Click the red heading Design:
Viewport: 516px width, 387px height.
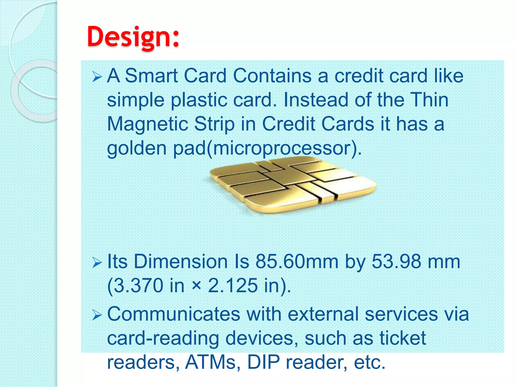pos(133,37)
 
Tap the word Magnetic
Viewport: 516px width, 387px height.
pos(148,124)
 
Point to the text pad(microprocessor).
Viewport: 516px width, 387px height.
pos(267,149)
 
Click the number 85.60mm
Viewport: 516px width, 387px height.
pos(297,262)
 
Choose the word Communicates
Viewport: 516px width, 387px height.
pos(174,314)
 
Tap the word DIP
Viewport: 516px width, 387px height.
pos(263,362)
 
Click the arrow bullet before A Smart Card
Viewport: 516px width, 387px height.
pos(97,77)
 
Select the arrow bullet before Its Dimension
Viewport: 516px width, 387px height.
pos(97,263)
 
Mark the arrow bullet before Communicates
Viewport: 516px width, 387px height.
pos(97,315)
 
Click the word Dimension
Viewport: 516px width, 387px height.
pos(181,262)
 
